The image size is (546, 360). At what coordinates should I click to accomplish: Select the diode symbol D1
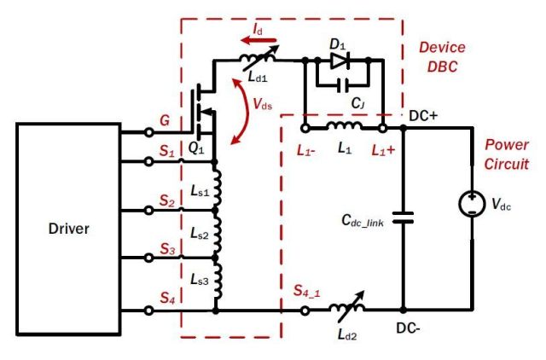pyautogui.click(x=340, y=61)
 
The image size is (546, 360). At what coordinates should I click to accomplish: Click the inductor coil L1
pyautogui.click(x=344, y=125)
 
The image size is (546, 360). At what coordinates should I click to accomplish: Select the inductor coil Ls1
pyautogui.click(x=217, y=187)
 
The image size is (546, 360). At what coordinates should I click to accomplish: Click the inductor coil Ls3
pyautogui.click(x=218, y=280)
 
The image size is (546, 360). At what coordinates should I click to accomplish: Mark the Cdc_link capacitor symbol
pyautogui.click(x=403, y=218)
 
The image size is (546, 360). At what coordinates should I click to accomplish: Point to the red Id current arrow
pyautogui.click(x=258, y=40)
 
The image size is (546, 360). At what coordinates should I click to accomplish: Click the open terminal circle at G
pyautogui.click(x=149, y=132)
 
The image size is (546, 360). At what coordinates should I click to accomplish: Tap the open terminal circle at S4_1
pyautogui.click(x=305, y=311)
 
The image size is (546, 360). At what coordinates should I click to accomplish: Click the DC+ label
pyautogui.click(x=423, y=116)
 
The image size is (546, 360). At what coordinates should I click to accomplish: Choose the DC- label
pyautogui.click(x=408, y=328)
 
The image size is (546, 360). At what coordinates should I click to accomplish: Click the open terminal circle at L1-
pyautogui.click(x=305, y=128)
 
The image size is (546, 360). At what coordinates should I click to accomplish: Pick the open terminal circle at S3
pyautogui.click(x=149, y=258)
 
